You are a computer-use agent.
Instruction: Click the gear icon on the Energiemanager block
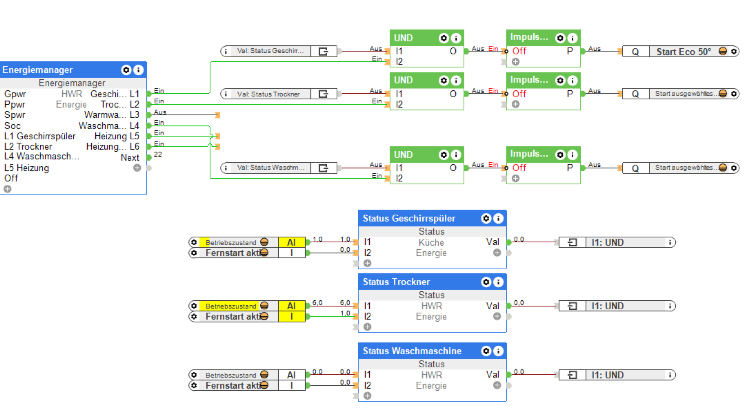(126, 70)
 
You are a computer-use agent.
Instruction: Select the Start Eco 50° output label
(683, 52)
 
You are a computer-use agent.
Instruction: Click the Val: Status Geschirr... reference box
(270, 51)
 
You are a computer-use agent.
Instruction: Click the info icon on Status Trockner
(498, 282)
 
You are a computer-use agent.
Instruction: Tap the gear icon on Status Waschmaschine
(486, 351)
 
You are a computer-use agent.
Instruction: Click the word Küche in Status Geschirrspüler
(431, 242)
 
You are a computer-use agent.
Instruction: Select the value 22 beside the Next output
(158, 154)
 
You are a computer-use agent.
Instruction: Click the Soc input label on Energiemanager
(13, 126)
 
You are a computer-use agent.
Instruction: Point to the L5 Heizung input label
(27, 168)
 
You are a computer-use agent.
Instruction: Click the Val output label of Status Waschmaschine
(493, 375)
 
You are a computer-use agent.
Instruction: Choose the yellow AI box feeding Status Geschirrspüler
(291, 242)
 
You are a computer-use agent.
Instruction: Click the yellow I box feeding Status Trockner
(291, 317)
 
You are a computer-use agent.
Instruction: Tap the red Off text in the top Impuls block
(519, 51)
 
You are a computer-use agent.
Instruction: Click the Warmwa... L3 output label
(111, 115)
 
